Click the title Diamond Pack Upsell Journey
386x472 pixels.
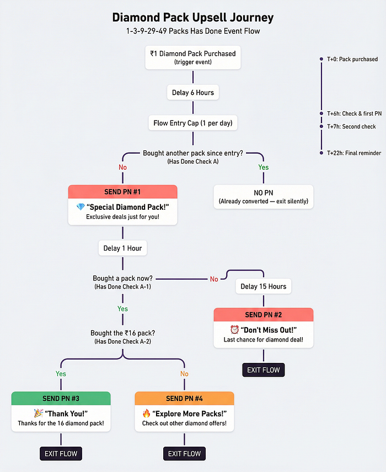pyautogui.click(x=192, y=18)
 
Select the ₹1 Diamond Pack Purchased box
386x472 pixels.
pyautogui.click(x=192, y=57)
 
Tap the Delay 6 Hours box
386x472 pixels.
pyautogui.click(x=192, y=93)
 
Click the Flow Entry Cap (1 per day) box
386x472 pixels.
pyautogui.click(x=192, y=123)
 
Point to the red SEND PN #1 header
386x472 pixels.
pyautogui.click(x=122, y=192)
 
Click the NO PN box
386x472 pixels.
pyautogui.click(x=263, y=197)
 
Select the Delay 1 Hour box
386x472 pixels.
pyautogui.click(x=122, y=248)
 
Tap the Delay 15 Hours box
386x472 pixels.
pyautogui.click(x=263, y=286)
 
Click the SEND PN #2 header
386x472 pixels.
pyautogui.click(x=263, y=314)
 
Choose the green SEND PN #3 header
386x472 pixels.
pyautogui.click(x=61, y=398)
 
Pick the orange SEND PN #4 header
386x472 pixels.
pyautogui.click(x=184, y=398)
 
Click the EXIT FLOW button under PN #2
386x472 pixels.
pyautogui.click(x=263, y=370)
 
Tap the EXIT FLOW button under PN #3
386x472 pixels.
pyautogui.click(x=61, y=454)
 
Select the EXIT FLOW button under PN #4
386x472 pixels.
pyautogui.click(x=184, y=454)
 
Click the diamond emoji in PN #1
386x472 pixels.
pyautogui.click(x=81, y=207)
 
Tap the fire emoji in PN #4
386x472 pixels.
pyautogui.click(x=147, y=414)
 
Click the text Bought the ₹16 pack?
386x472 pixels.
pyautogui.click(x=122, y=333)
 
